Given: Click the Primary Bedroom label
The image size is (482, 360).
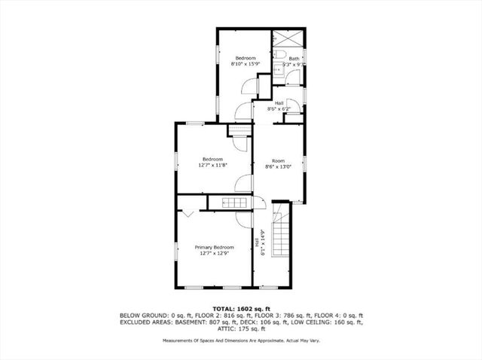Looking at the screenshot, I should coord(215,247).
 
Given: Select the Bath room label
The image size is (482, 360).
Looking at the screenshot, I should coord(294,59).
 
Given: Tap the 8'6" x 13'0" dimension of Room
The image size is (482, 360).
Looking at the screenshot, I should coord(278,167).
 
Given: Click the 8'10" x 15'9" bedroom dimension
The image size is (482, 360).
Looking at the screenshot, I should coord(246,65).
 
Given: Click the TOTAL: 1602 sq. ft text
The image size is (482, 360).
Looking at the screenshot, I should coord(241,308).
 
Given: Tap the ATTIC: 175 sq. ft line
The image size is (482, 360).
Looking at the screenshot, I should coord(240,329).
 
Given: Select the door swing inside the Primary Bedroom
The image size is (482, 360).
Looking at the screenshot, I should coord(243,218).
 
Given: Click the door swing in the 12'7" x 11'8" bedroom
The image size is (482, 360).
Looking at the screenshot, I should coord(243,184).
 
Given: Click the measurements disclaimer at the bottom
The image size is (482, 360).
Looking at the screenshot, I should coord(240,340).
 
